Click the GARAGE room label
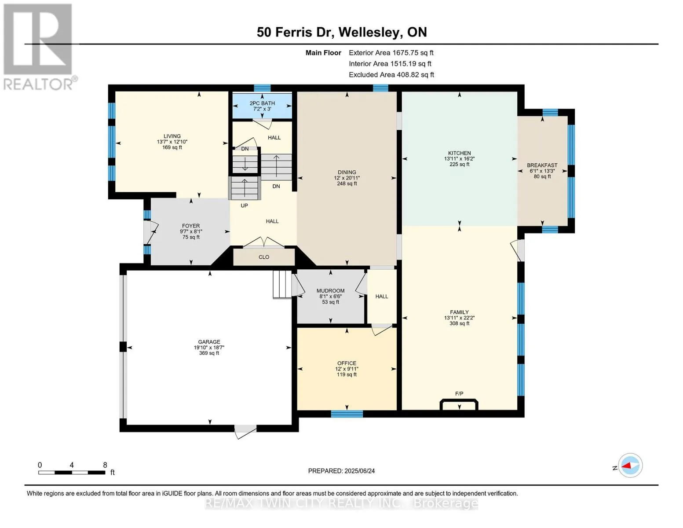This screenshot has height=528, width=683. (x=209, y=342)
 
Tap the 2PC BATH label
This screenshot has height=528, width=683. (x=262, y=103)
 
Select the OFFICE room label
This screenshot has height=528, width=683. (x=347, y=363)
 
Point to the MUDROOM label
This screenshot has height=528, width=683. (x=330, y=291)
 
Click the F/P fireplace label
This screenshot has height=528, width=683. (x=459, y=394)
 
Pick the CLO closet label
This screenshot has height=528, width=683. (x=264, y=257)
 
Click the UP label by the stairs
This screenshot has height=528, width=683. (x=244, y=205)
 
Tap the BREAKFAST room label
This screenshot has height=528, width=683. (x=542, y=165)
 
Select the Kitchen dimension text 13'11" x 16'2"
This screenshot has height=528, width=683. (x=459, y=159)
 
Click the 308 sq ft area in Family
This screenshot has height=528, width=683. (x=459, y=323)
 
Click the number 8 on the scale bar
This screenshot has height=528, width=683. (x=105, y=465)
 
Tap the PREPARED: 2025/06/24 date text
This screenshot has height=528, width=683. (x=341, y=471)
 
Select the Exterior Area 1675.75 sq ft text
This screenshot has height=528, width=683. (x=391, y=53)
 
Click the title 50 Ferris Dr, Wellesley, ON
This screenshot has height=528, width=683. (x=342, y=32)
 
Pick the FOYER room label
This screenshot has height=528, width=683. (x=191, y=226)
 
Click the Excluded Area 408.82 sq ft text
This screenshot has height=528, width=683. (x=391, y=75)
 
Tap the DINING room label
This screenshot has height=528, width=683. (x=347, y=172)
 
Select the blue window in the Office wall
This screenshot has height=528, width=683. (x=347, y=414)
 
